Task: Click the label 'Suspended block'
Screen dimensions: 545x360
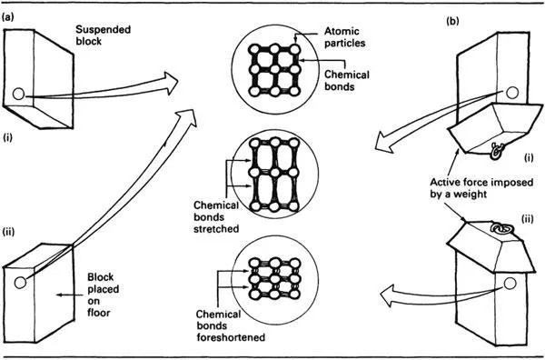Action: coord(104,35)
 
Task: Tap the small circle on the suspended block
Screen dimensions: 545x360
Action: coord(18,94)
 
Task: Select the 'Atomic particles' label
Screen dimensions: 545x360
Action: coord(345,37)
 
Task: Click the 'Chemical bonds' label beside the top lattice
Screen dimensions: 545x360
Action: coord(347,80)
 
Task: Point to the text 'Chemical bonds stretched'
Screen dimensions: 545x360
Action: coord(216,216)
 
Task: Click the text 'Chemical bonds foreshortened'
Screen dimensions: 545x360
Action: coord(231,325)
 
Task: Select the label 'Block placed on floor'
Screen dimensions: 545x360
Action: coord(104,295)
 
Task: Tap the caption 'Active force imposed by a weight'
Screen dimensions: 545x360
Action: coord(481,188)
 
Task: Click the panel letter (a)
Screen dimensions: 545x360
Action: coord(7,17)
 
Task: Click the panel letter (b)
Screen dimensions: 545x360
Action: coord(452,21)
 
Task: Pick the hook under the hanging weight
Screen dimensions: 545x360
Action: coord(496,151)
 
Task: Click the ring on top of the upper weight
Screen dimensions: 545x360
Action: coord(500,229)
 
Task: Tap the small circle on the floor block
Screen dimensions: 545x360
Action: coord(20,283)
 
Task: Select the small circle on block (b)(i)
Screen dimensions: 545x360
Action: coord(512,93)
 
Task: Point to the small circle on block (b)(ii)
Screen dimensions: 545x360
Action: coord(510,284)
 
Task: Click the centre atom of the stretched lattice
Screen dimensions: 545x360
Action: coord(275,173)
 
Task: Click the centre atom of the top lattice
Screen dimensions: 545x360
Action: coord(275,70)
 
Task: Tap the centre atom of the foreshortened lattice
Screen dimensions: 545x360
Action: coord(275,278)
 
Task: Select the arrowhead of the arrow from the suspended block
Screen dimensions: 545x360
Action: coord(171,83)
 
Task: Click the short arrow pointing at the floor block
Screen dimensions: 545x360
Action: coord(70,295)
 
